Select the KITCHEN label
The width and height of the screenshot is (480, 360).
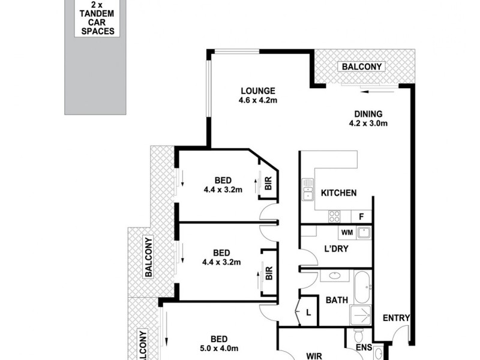click(339, 193)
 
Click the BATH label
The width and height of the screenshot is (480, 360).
click(338, 300)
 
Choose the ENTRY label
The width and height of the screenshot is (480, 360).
click(396, 319)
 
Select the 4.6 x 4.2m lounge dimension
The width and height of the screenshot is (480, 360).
click(257, 100)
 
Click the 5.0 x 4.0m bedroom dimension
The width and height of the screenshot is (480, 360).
click(219, 349)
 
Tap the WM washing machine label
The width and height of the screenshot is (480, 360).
click(346, 232)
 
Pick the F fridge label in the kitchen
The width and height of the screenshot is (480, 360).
click(361, 217)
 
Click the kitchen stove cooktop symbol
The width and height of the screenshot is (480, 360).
click(334, 217)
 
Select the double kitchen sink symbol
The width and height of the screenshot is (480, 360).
click(308, 190)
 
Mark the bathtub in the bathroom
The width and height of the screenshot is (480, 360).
click(362, 289)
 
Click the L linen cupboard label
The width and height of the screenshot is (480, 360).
click(308, 313)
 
